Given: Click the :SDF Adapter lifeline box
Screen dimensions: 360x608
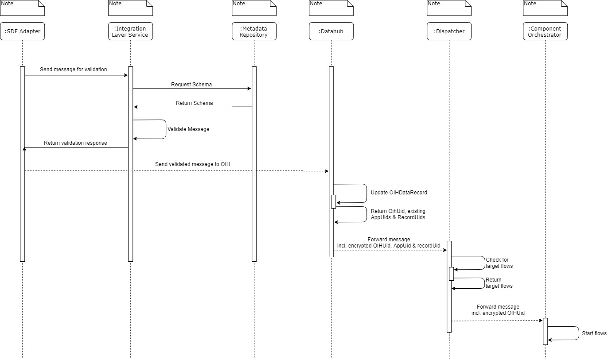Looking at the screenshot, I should click(x=22, y=31).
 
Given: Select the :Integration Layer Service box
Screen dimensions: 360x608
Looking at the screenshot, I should click(x=130, y=31).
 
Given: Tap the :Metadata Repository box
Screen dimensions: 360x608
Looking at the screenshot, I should click(x=254, y=31).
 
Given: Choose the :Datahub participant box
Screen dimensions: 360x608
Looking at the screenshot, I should click(x=331, y=31).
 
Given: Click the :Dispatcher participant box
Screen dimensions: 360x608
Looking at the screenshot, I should click(x=449, y=31).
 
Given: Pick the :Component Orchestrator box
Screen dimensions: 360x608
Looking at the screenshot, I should click(x=545, y=31).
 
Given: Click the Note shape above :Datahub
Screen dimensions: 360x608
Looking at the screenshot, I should click(x=331, y=8).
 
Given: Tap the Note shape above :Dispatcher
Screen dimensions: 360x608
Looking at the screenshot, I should click(x=449, y=8).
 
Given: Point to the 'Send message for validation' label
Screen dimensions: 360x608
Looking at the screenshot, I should click(x=73, y=70).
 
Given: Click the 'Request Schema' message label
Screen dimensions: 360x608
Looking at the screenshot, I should click(x=191, y=84).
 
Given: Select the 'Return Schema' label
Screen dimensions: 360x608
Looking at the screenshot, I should click(x=194, y=103).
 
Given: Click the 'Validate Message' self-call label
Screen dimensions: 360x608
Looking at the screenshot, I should click(x=188, y=129).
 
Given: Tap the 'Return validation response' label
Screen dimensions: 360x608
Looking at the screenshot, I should click(x=75, y=143).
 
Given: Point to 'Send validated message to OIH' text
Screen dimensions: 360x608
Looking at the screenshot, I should click(x=192, y=164).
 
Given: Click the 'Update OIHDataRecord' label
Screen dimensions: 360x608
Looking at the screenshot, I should click(x=399, y=193).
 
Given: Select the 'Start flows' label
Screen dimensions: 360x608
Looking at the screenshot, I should click(x=594, y=333).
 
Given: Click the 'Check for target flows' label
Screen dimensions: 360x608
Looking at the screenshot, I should click(x=499, y=263).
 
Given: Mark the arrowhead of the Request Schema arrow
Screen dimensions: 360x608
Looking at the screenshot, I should click(x=249, y=89).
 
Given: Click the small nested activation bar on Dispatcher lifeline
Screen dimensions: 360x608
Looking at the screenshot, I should click(x=451, y=274).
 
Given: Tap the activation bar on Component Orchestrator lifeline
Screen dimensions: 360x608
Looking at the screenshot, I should click(x=545, y=331).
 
